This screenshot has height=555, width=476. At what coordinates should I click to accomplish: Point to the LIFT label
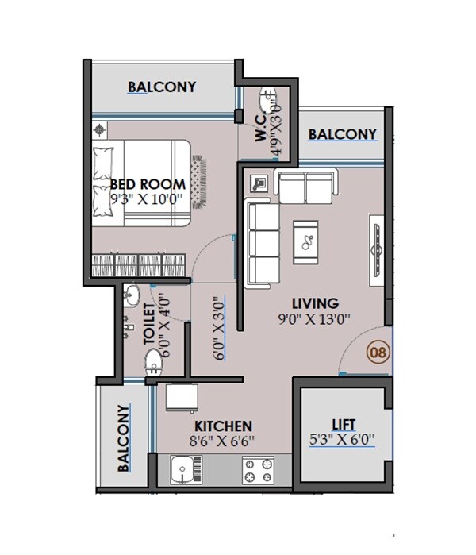(344, 423)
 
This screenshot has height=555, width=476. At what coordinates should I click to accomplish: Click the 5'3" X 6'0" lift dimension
(344, 438)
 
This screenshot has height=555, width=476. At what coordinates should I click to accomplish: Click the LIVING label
(315, 303)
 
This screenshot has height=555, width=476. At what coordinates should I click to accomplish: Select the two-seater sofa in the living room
(305, 187)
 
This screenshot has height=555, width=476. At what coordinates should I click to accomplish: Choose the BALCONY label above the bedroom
(162, 87)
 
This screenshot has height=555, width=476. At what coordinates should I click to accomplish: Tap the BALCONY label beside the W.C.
(342, 134)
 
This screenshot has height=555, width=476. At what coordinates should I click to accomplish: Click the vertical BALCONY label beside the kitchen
(124, 438)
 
